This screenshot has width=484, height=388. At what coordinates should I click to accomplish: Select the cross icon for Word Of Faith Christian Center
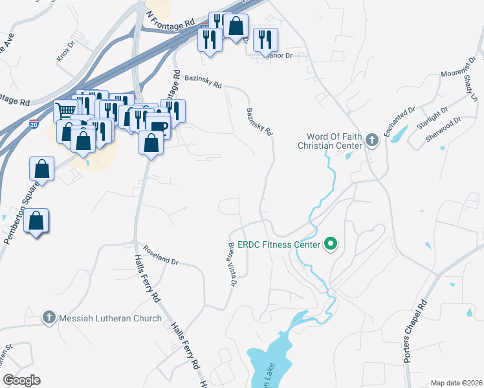372,140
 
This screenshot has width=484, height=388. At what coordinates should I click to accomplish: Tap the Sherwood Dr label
444,130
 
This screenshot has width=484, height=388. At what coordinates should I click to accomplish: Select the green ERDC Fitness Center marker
331,244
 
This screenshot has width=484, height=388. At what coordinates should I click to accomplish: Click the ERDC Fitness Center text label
279,245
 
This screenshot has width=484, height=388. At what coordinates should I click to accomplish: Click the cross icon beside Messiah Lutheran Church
48,318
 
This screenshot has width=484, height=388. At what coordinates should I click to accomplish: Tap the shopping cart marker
65,110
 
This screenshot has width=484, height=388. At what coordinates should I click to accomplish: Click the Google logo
21,380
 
